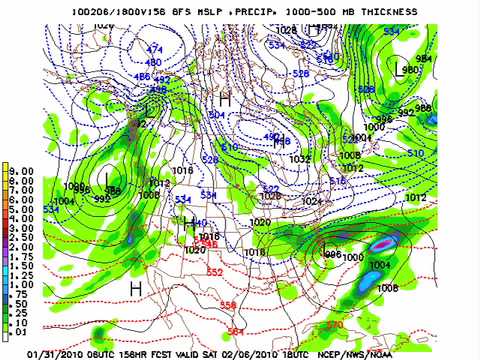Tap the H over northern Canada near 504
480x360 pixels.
(225, 101)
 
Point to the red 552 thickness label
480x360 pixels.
(214, 272)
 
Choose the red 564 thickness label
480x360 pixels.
(235, 331)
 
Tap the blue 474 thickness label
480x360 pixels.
(154, 49)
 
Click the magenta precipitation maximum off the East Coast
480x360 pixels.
(380, 243)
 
